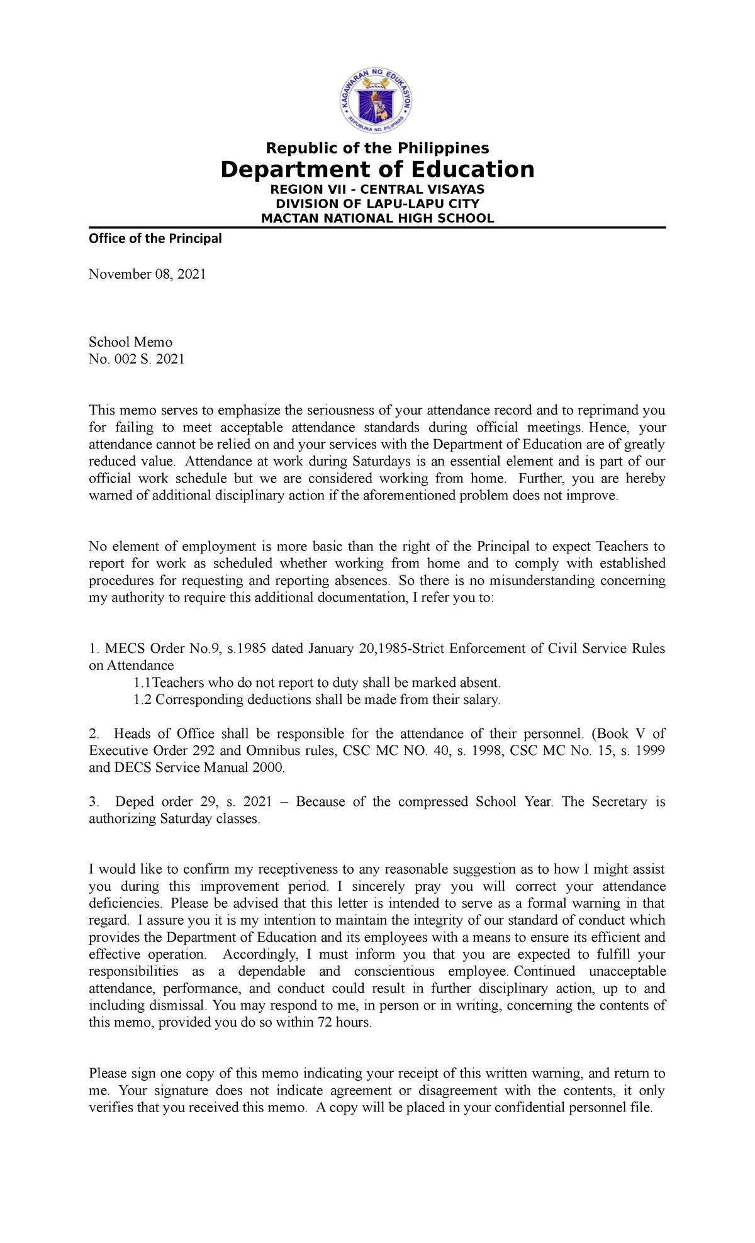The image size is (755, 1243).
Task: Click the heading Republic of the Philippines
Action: coord(377,148)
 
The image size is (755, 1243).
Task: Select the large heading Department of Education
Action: coord(377,170)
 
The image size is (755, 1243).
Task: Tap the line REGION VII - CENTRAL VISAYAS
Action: coord(377,189)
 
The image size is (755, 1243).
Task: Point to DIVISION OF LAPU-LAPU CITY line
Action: coord(377,204)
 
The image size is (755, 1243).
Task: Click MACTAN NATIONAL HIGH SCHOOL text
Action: coord(377,218)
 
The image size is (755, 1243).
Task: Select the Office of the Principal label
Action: coord(155,238)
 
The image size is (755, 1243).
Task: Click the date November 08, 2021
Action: coord(147,274)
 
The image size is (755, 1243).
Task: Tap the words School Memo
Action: coord(130,342)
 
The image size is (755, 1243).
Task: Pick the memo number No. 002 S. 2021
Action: coord(137,359)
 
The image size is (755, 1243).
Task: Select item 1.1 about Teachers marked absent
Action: coord(317,683)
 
